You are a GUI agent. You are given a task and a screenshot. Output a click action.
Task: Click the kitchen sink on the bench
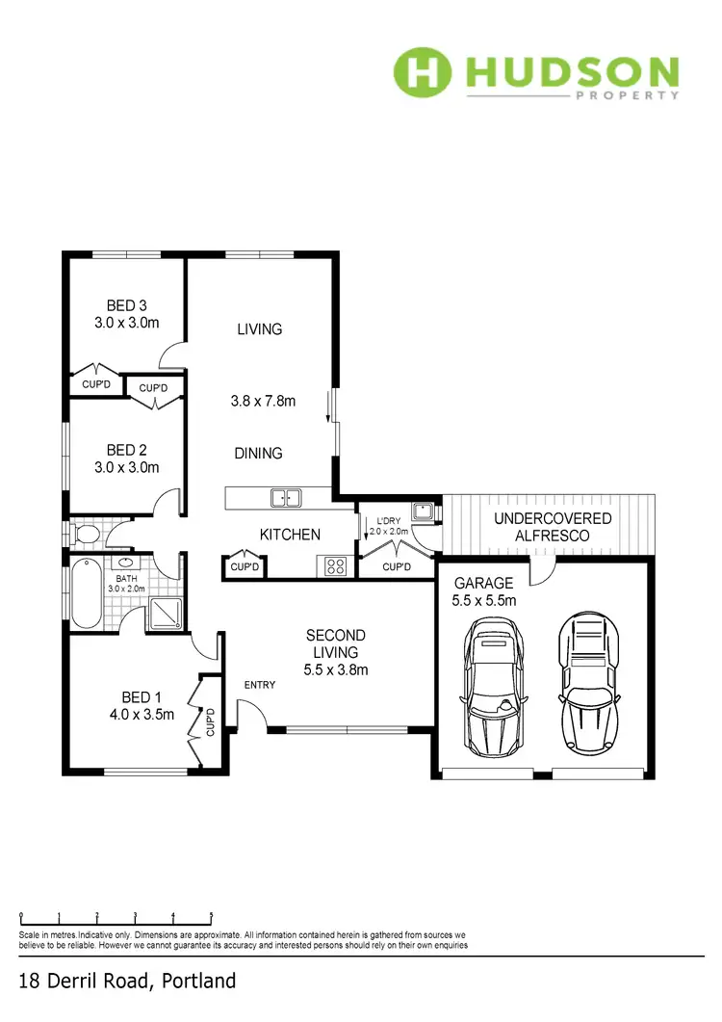tap(286, 498)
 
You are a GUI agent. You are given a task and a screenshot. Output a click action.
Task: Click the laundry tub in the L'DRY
tap(422, 511)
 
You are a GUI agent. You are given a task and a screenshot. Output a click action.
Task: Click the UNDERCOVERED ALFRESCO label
tap(553, 526)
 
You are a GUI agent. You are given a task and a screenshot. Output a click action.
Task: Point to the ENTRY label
tap(260, 685)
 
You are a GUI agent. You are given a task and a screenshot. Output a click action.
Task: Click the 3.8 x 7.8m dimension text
tap(263, 401)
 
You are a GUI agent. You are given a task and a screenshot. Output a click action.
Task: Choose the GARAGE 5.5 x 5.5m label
tap(485, 591)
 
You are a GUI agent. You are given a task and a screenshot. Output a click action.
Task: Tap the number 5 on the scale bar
tap(211, 916)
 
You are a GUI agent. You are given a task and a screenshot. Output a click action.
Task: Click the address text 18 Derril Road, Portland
tap(128, 982)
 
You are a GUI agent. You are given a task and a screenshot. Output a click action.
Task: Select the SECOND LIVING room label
tap(336, 652)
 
